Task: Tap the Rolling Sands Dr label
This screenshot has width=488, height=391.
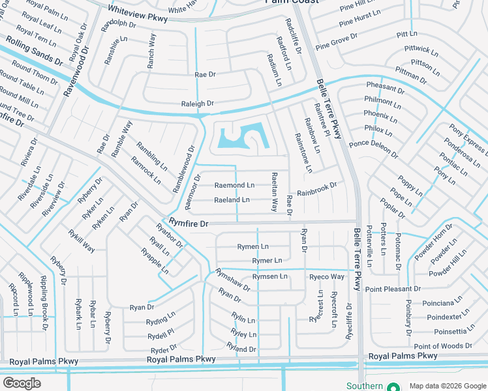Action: coord(34,52)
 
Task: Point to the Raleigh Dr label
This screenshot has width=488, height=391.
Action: coord(198,104)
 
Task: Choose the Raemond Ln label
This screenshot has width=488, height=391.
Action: coord(234,186)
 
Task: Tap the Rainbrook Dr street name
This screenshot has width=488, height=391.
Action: coord(317,190)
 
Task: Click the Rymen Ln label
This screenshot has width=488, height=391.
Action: coord(253,247)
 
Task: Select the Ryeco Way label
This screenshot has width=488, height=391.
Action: coord(326,277)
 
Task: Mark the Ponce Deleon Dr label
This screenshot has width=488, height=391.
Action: coord(373,149)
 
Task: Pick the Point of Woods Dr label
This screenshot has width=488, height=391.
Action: coord(443,346)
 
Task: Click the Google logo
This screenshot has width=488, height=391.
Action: coord(22,383)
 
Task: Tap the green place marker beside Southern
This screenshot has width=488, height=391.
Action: coord(393,386)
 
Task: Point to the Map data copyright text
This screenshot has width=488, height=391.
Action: coord(446,386)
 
